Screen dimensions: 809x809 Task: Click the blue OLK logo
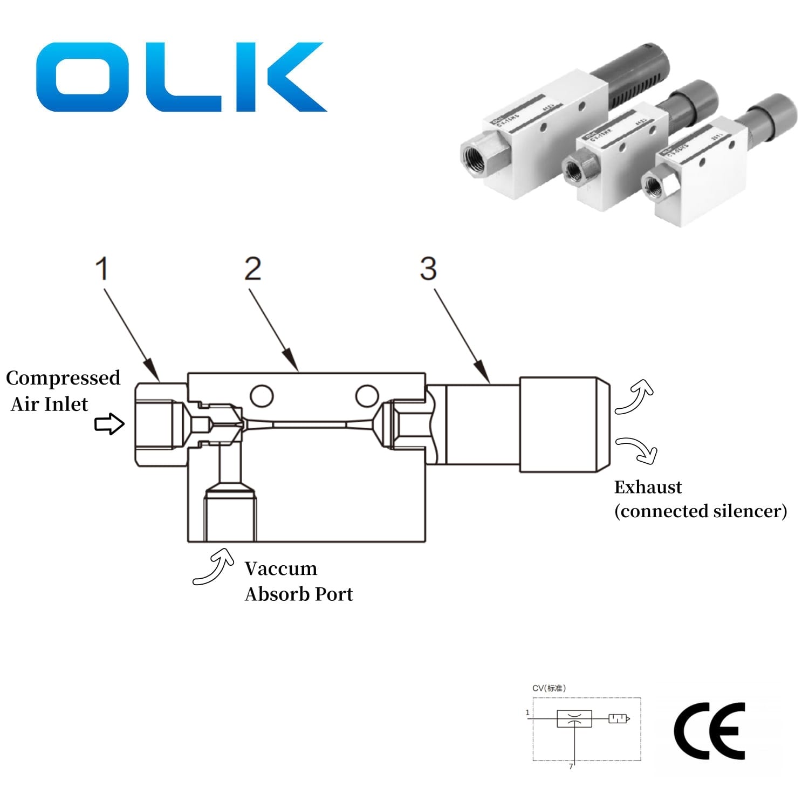tap(181, 77)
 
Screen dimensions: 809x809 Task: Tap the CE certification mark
tap(709, 731)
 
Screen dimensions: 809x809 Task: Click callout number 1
tap(102, 269)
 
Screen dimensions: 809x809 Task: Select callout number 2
tap(252, 269)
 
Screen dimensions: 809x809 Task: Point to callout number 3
tap(428, 269)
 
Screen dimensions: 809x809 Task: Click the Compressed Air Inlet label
tap(62, 390)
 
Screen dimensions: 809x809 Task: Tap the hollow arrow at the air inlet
tap(109, 424)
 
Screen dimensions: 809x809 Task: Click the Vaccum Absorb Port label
tap(298, 581)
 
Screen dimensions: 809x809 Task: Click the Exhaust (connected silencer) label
tap(700, 499)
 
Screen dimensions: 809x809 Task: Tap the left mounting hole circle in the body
tap(262, 396)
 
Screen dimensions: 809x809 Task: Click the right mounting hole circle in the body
tap(367, 396)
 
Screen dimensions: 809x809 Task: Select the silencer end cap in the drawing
tap(564, 425)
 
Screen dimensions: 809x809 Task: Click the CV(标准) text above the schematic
tap(549, 688)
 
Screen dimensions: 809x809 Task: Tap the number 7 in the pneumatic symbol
tap(571, 766)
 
